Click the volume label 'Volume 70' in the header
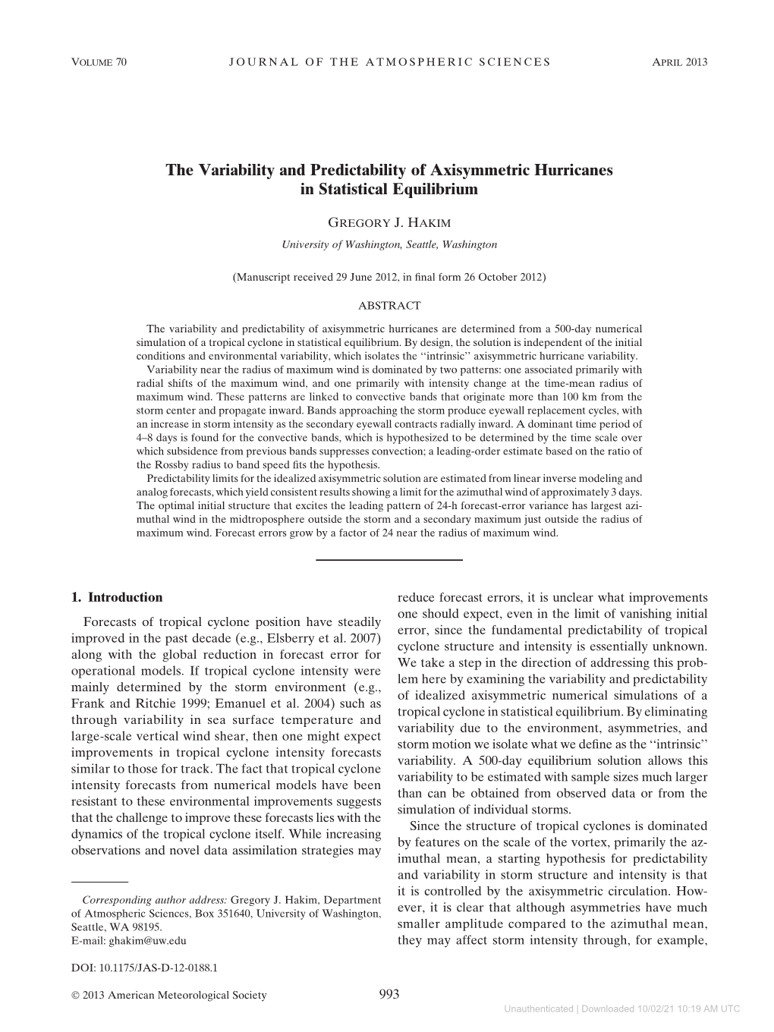click(x=98, y=61)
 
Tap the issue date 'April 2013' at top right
click(x=679, y=61)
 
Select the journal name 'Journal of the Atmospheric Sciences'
click(x=389, y=61)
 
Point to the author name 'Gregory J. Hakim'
click(x=389, y=225)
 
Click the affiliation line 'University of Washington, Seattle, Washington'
click(x=389, y=244)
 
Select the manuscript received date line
click(x=389, y=278)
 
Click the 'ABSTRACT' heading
click(x=389, y=305)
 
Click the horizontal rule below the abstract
click(x=389, y=560)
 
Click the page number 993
click(x=389, y=995)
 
